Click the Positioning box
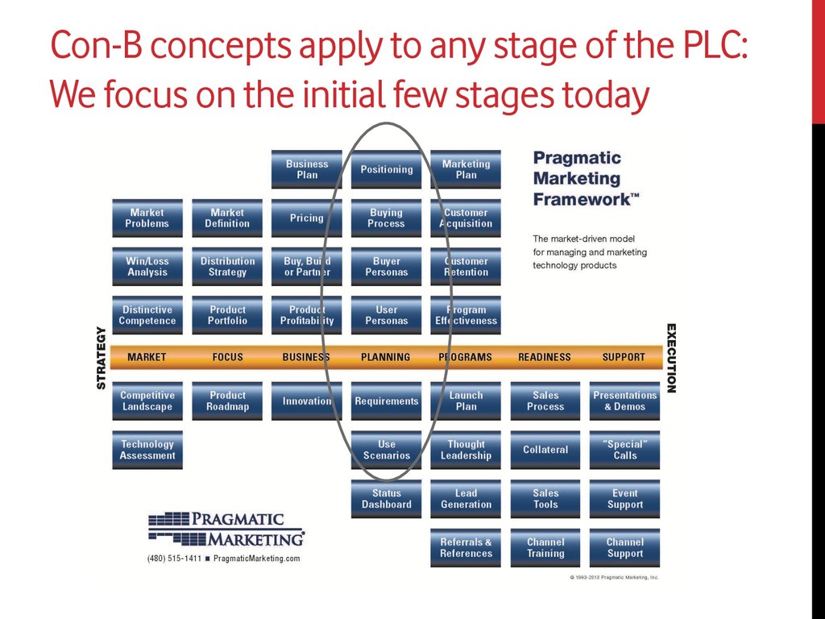tap(386, 169)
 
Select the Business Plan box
tap(307, 169)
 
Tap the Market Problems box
tap(147, 218)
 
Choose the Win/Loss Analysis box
tap(147, 267)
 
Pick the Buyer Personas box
tap(386, 267)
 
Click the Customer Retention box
tap(466, 267)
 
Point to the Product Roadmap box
tap(227, 401)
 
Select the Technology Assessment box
tap(147, 450)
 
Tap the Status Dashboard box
tap(386, 499)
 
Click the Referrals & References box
tap(466, 548)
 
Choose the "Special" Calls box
tap(624, 450)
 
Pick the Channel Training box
tap(545, 548)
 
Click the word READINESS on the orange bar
tap(545, 357)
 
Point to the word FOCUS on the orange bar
tap(227, 357)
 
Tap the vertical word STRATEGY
tap(102, 357)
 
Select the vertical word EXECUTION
tap(671, 358)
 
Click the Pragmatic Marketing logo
tap(226, 529)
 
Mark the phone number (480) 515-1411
tap(174, 559)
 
